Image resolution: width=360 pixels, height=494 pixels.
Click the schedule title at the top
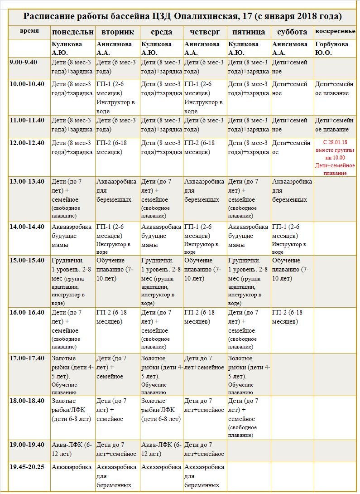tap(182, 17)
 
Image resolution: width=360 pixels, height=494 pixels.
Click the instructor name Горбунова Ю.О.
tap(331, 48)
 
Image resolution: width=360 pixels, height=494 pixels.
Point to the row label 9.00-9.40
tap(27, 63)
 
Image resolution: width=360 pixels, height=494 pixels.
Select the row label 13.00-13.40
tap(27, 182)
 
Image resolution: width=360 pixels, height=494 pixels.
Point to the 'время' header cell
tap(29, 31)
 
